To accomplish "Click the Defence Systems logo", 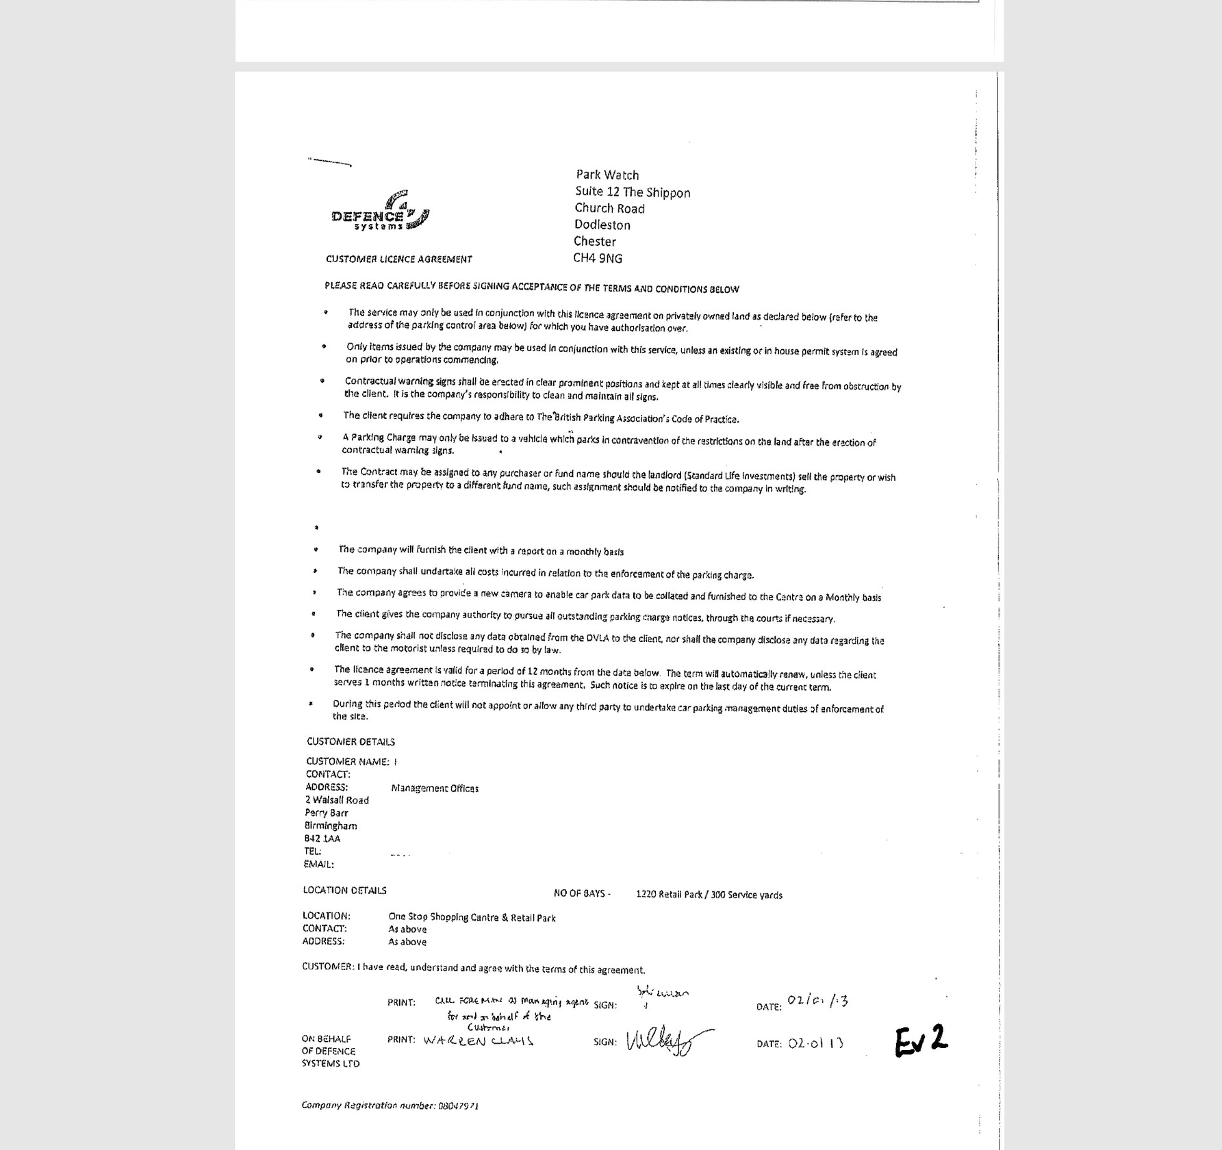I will click(x=381, y=212).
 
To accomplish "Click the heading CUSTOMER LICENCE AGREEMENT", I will click(x=398, y=259).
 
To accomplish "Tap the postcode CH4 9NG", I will click(x=598, y=258).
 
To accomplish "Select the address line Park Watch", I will click(x=607, y=175).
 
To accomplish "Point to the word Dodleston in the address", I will click(x=602, y=225).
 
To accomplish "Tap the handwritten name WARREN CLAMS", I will click(x=478, y=1041).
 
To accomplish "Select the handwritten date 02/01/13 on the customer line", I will click(x=817, y=1001).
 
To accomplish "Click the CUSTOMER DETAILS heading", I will click(x=351, y=741).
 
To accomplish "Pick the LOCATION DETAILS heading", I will click(x=345, y=891).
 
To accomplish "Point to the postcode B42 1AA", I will click(x=322, y=839).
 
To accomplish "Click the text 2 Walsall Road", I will click(x=337, y=800).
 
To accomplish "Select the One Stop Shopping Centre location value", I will click(x=472, y=917).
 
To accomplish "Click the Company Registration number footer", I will click(x=390, y=1106).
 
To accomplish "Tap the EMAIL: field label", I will click(x=319, y=865).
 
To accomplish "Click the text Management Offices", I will click(x=435, y=789).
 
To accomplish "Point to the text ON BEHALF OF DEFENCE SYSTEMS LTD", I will click(x=330, y=1051).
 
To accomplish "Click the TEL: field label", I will click(x=313, y=852).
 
